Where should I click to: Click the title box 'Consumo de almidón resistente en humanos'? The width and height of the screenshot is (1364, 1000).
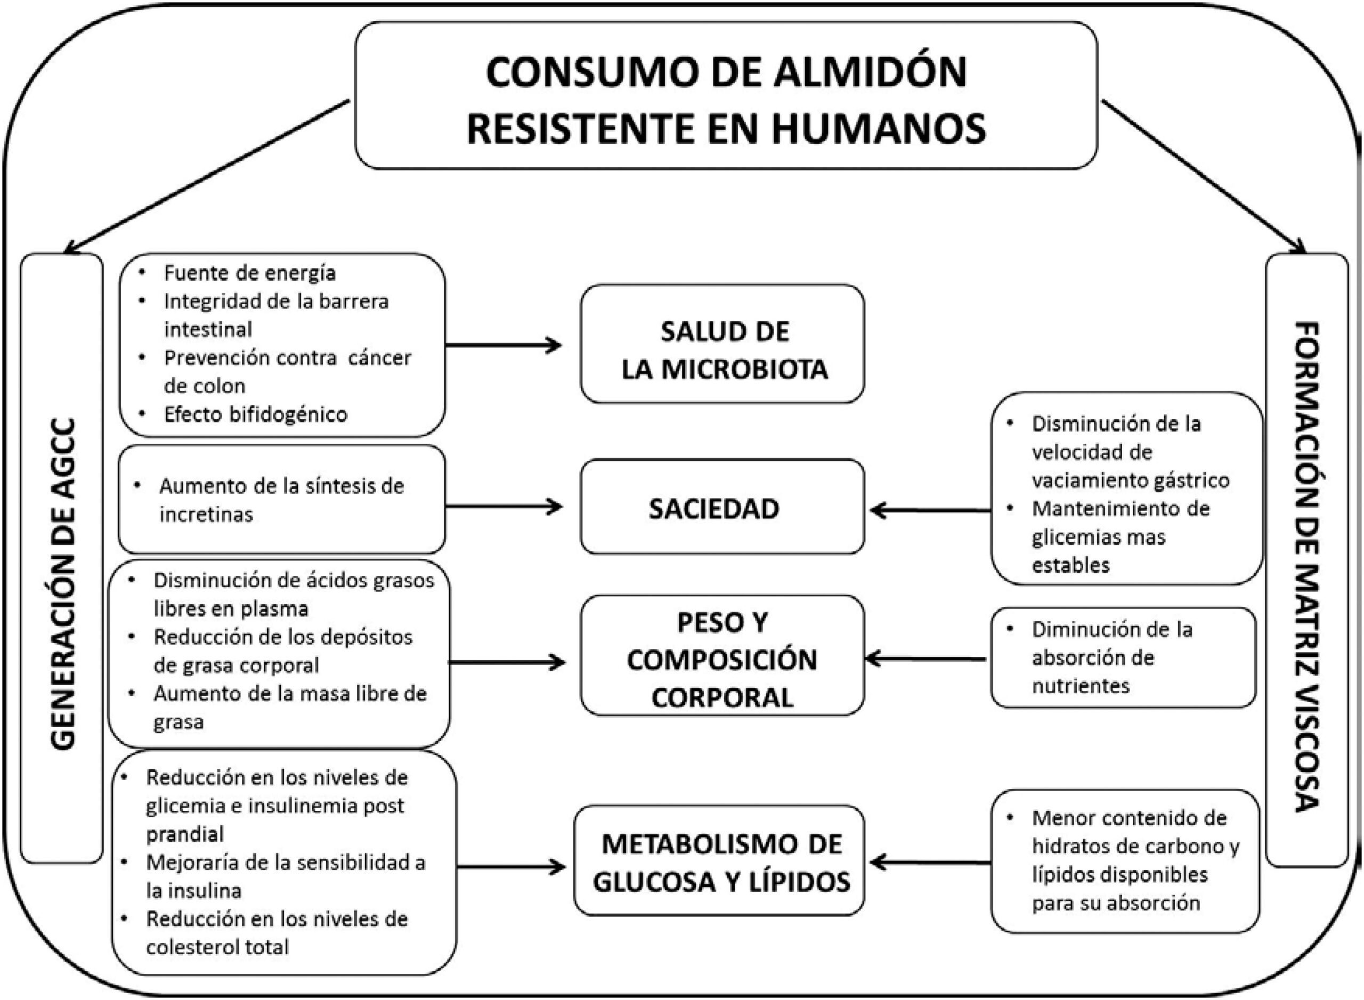pyautogui.click(x=725, y=95)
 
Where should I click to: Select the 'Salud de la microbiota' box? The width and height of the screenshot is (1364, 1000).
pyautogui.click(x=722, y=343)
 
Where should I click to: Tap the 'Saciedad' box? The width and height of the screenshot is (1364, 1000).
pyautogui.click(x=722, y=507)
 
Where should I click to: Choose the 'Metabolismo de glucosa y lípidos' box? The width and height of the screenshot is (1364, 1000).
pyautogui.click(x=719, y=860)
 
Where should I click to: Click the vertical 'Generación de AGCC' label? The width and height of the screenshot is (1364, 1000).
pyautogui.click(x=62, y=583)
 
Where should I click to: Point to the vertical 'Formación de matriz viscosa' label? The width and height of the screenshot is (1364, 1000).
pyautogui.click(x=1306, y=566)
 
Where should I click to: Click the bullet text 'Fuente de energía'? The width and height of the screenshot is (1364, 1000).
pyautogui.click(x=249, y=273)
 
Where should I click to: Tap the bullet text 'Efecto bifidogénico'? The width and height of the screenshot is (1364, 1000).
pyautogui.click(x=256, y=414)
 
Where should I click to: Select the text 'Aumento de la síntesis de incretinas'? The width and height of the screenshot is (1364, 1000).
pyautogui.click(x=281, y=500)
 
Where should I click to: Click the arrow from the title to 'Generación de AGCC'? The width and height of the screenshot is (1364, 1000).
pyautogui.click(x=206, y=176)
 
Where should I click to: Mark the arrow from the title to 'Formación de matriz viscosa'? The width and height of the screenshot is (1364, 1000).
pyautogui.click(x=1203, y=176)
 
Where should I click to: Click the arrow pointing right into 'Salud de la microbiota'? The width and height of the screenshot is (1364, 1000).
pyautogui.click(x=504, y=346)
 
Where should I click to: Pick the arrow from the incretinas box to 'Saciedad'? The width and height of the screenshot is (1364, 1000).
pyautogui.click(x=504, y=507)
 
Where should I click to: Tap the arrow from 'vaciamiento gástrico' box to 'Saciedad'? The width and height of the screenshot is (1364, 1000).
pyautogui.click(x=930, y=511)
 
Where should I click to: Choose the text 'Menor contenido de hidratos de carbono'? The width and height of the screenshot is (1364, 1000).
pyautogui.click(x=1130, y=832)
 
